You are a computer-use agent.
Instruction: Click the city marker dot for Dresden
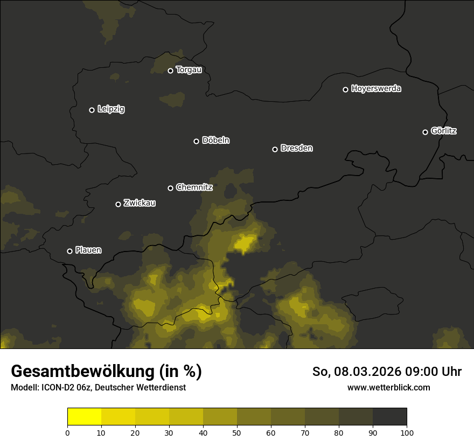click(275, 149)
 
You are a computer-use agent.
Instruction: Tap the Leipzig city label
click(111, 109)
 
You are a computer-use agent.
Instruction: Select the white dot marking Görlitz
click(425, 132)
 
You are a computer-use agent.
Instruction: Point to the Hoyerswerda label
click(376, 89)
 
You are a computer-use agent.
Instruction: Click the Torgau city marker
click(170, 71)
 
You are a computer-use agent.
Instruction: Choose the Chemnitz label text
click(194, 187)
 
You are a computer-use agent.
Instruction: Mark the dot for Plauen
click(69, 251)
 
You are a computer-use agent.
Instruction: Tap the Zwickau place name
click(140, 203)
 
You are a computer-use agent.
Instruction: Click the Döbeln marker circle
click(196, 141)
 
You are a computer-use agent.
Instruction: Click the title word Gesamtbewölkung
click(82, 371)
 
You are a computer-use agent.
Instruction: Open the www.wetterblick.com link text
click(389, 387)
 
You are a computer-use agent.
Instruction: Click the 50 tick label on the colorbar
click(237, 432)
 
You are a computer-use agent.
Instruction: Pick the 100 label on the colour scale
click(407, 432)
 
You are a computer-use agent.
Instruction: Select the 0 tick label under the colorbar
click(67, 432)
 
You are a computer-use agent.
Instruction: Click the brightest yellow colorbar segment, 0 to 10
click(84, 417)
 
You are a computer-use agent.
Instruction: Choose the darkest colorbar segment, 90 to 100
click(389, 417)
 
